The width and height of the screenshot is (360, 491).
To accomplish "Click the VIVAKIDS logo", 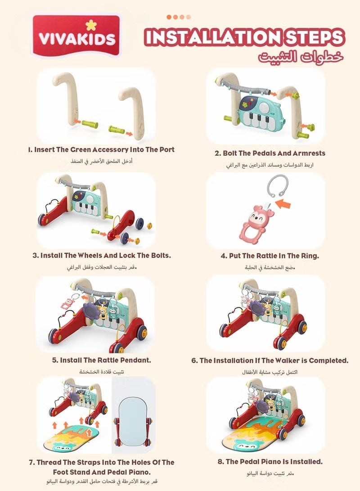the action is click(76, 36).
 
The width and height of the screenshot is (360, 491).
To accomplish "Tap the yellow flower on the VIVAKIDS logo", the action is click(90, 25).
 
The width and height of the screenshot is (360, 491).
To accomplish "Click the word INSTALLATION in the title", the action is click(213, 37).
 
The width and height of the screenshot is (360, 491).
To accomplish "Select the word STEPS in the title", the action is click(314, 37).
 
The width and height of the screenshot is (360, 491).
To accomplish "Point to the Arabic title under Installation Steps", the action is click(301, 57).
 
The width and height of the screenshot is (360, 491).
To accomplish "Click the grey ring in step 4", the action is click(277, 186).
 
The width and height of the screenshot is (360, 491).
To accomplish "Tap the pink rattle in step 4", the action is click(256, 222).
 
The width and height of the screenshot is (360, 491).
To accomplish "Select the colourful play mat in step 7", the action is click(71, 439).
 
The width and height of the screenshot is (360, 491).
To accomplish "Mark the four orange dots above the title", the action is click(179, 17).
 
